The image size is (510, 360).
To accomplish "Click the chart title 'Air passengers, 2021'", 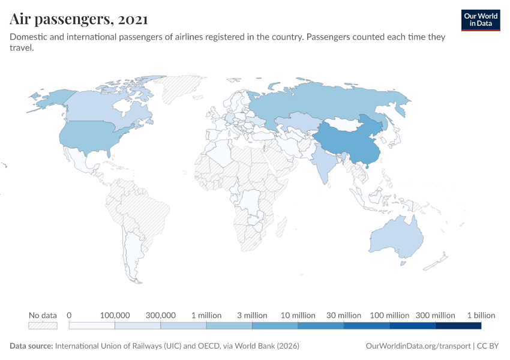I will pos(79,19).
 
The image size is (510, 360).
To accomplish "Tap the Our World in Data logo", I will pos(480,20).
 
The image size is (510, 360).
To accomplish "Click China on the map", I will pos(348,144).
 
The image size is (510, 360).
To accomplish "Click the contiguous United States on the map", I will pos(90,138).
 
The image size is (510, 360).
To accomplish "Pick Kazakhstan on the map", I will pos(297,123).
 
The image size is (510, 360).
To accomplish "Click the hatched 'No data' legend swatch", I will pos(43,326).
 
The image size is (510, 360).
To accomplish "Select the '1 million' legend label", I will pos(206,315).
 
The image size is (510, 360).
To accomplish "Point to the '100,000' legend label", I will pos(115,315).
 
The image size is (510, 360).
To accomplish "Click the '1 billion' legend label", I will pos(481,315).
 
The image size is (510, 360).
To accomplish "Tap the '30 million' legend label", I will pos(344,315).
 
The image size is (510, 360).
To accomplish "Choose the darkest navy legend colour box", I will pos(458,326).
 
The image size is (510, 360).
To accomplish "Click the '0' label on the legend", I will pos(70,315).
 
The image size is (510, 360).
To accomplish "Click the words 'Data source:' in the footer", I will pos(31,346).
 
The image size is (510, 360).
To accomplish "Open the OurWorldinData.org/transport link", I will pos(418,346).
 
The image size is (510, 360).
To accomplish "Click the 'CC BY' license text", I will pos(488,346).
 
